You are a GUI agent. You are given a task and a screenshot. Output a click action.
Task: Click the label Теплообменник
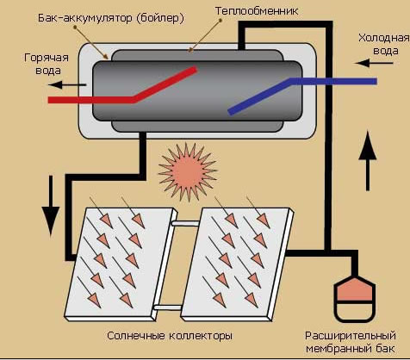tap(257, 11)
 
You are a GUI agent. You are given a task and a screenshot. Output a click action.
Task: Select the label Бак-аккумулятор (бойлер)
tap(111, 18)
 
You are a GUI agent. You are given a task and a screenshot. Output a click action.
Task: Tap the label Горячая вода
tap(47, 64)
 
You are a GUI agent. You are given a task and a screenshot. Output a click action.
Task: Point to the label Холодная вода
tap(384, 44)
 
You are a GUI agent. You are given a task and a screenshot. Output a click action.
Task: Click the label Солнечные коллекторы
tap(170, 336)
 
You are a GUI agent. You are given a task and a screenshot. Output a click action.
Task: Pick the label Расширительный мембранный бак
tap(351, 342)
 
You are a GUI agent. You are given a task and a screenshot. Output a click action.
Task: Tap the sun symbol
tap(188, 172)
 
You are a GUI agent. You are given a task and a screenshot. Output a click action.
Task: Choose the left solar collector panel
tap(121, 264)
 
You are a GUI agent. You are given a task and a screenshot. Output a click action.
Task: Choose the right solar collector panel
tap(237, 264)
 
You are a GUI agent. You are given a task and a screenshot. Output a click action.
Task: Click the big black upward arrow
tap(368, 161)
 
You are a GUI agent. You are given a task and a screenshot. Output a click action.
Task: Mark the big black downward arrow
tap(51, 206)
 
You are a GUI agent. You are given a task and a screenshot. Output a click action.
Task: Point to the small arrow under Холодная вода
tap(374, 63)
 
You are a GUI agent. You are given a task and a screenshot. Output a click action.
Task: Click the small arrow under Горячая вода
tap(66, 84)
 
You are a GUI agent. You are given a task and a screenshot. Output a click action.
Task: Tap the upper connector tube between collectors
tap(185, 223)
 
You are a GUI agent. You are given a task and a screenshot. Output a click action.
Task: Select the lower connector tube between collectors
tap(168, 307)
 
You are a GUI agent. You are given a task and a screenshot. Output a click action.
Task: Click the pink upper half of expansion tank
tap(355, 289)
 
